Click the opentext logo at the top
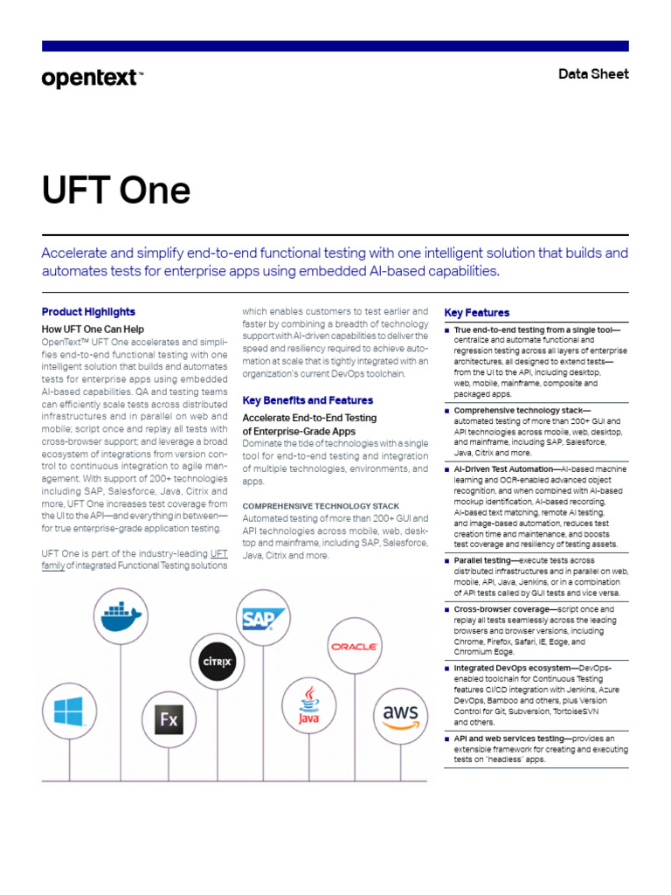click(91, 79)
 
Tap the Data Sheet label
click(593, 74)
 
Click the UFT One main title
click(116, 190)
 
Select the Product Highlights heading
click(88, 312)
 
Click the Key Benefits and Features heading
click(307, 400)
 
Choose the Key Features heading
click(477, 313)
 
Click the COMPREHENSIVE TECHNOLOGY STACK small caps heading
click(321, 506)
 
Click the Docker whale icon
click(121, 616)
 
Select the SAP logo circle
click(264, 620)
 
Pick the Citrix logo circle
click(217, 662)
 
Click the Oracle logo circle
click(353, 647)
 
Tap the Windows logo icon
click(69, 711)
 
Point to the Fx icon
click(168, 720)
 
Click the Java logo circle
click(308, 705)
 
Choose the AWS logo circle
click(400, 716)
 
